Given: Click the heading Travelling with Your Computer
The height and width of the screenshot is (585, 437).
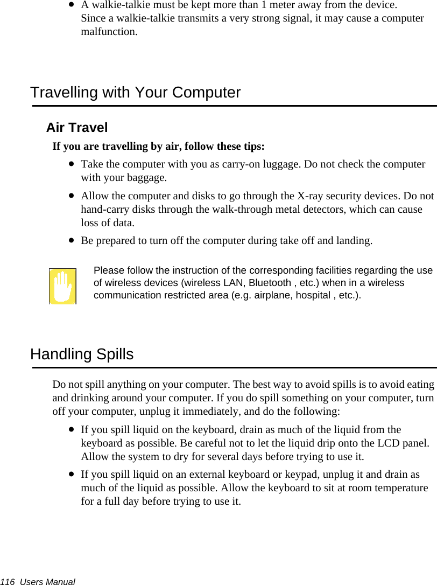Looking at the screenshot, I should coord(135,93).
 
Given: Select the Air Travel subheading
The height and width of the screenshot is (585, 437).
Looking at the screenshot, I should coord(77,128).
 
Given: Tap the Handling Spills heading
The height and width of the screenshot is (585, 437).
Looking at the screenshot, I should coord(82,354).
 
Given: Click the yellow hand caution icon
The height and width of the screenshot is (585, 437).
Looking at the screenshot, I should coord(62,287).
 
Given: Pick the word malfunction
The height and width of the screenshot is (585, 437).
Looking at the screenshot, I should coord(109,31).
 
